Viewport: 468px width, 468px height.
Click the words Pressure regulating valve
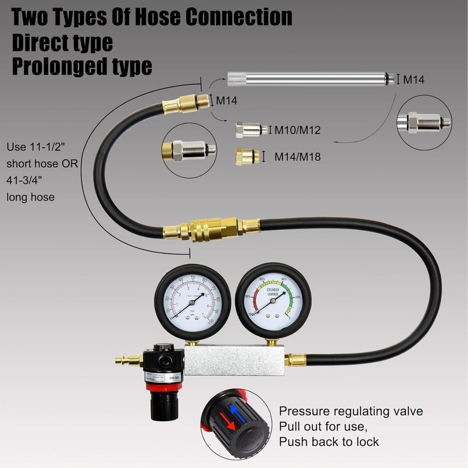pyautogui.click(x=350, y=411)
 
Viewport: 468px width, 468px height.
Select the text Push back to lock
pyautogui.click(x=329, y=442)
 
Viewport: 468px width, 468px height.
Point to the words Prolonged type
pyautogui.click(x=82, y=66)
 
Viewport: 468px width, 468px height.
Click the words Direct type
pyautogui.click(x=63, y=42)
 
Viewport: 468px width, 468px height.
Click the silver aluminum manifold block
pyautogui.click(x=234, y=357)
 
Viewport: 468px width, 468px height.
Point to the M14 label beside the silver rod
pyautogui.click(x=416, y=80)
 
